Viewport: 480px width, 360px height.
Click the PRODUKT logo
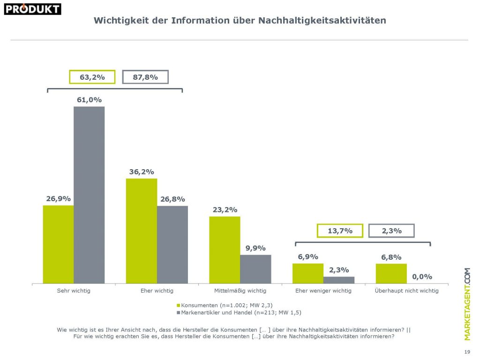[32, 9]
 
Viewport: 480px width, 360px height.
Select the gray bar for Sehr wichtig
[89, 195]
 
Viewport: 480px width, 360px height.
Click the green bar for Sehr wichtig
[58, 244]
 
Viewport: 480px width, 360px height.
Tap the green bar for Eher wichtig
[141, 231]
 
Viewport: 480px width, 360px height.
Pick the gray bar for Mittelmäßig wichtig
[255, 269]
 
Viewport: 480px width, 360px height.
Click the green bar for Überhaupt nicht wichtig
[391, 273]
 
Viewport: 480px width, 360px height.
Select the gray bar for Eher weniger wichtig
[338, 280]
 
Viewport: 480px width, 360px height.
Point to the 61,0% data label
[89, 100]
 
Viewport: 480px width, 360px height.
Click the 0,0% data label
[422, 277]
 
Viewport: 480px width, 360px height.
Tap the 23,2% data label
[225, 210]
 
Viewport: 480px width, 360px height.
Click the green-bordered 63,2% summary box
[92, 77]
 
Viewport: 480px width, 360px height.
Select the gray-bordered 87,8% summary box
[145, 77]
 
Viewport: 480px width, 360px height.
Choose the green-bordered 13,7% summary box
[340, 231]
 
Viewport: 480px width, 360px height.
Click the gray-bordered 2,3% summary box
[391, 231]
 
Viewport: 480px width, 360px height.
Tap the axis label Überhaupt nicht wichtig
[407, 291]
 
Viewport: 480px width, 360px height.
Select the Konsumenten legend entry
[220, 305]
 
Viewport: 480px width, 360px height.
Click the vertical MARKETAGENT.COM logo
[467, 304]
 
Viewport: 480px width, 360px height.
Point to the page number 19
[467, 352]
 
